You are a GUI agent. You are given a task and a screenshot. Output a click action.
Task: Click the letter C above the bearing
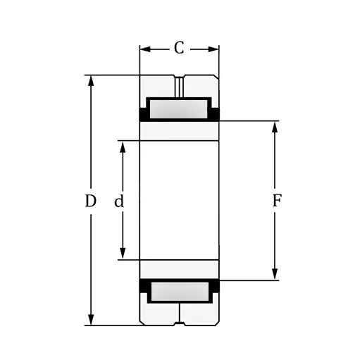(x=179, y=48)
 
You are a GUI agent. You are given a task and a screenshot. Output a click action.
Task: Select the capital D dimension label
(x=90, y=201)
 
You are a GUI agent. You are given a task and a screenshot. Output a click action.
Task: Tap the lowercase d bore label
(x=119, y=202)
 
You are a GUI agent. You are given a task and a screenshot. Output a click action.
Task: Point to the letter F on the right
(x=277, y=201)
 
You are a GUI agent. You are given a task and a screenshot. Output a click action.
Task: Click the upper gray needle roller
(x=179, y=109)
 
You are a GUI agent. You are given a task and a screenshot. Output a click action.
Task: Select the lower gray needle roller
(x=179, y=291)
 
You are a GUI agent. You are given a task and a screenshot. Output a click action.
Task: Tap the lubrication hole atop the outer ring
(x=180, y=86)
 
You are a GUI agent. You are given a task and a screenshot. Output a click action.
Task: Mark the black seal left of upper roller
(x=144, y=113)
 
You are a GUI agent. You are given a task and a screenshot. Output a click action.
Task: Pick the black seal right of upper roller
(x=215, y=113)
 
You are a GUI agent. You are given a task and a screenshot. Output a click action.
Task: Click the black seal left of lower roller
(x=144, y=286)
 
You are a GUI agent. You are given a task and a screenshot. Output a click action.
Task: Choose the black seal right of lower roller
(x=215, y=286)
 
